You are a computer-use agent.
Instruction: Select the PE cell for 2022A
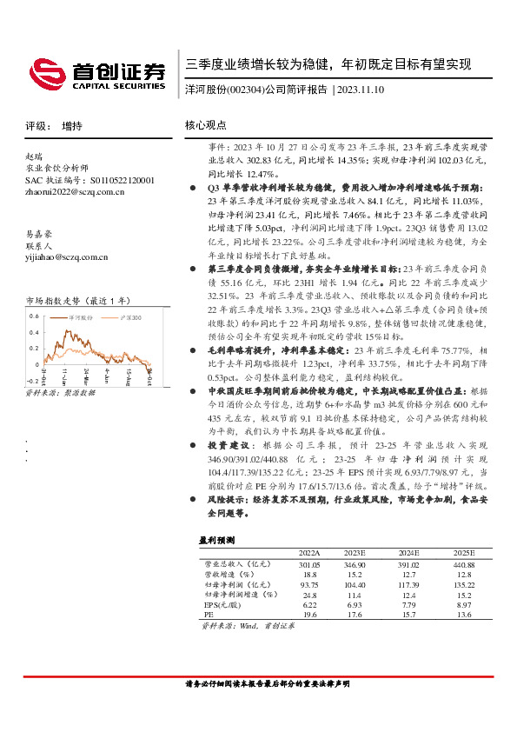[x=309, y=614]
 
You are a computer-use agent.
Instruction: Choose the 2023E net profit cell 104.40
[x=357, y=584]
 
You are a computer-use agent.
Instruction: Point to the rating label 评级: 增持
[x=54, y=126]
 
